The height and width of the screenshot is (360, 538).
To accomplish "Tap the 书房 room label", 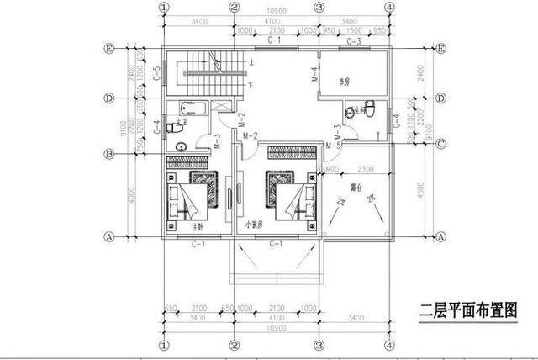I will coord(343,82).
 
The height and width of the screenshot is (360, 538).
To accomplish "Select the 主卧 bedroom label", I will coord(198,225).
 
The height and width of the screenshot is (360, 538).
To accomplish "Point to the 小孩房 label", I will coord(255,225).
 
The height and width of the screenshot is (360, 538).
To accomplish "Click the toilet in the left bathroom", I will coord(174,128).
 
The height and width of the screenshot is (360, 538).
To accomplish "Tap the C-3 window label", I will coord(354,40).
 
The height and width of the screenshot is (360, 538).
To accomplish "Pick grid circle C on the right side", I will coord(440,143).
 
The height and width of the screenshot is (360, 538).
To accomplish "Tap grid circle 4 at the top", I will coord(389,7).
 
